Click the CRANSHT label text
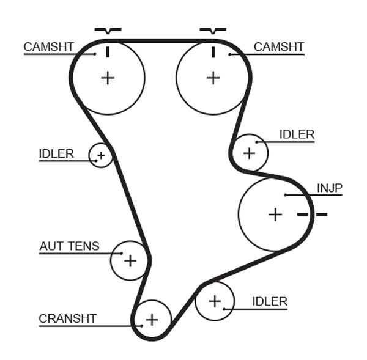click(x=67, y=318)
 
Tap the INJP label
click(x=329, y=187)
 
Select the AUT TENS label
click(x=69, y=246)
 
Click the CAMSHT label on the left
click(x=49, y=47)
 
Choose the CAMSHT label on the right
click(x=278, y=47)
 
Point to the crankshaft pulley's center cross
click(x=152, y=319)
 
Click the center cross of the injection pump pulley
click(x=276, y=215)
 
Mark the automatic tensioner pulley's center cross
click(x=130, y=261)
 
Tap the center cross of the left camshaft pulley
click(x=108, y=78)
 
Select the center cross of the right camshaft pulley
click(x=213, y=78)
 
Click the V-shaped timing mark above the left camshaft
click(x=108, y=30)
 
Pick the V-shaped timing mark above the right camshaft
click(x=213, y=30)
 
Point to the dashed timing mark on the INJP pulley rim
click(x=312, y=215)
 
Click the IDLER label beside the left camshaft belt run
click(x=56, y=154)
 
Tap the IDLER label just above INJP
click(x=297, y=134)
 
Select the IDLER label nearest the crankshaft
click(x=270, y=301)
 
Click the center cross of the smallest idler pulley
click(x=101, y=156)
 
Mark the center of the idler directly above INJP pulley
click(x=249, y=153)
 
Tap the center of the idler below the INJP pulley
click(x=215, y=301)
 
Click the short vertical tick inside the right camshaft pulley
click(x=213, y=51)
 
